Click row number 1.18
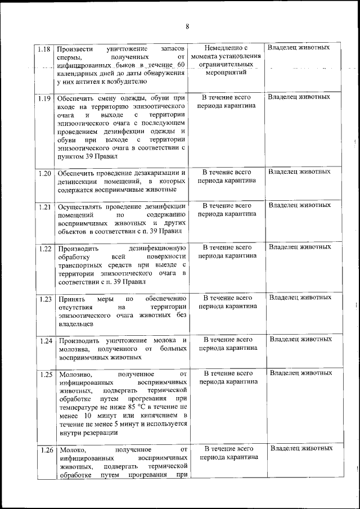pos(45,48)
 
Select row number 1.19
pos(45,98)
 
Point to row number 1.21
pos(45,206)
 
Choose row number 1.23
pos(45,299)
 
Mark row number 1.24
pos(45,340)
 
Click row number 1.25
pos(45,374)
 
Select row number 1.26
pos(45,450)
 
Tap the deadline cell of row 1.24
pos(227,344)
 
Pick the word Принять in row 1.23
pos(69,299)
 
